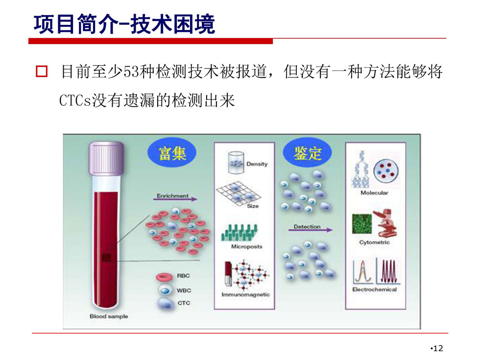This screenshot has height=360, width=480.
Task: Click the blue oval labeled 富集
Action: pyautogui.click(x=172, y=153)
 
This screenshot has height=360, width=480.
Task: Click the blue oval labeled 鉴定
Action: pyautogui.click(x=307, y=152)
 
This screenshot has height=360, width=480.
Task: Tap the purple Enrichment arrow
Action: pyautogui.click(x=175, y=199)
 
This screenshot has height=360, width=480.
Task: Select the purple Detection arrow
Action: pyautogui.click(x=310, y=230)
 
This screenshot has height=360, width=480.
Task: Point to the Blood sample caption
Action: pyautogui.click(x=109, y=316)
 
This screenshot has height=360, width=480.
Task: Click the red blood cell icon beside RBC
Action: pyautogui.click(x=165, y=277)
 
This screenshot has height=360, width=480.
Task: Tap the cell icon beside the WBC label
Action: pyautogui.click(x=166, y=290)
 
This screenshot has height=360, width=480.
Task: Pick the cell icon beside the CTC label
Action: pyautogui.click(x=166, y=303)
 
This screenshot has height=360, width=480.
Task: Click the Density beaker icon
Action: pyautogui.click(x=236, y=162)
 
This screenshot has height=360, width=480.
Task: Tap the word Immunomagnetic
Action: pyautogui.click(x=245, y=294)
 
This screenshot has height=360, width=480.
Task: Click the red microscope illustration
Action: pyautogui.click(x=387, y=223)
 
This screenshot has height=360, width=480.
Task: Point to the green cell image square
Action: pyautogui.click(x=362, y=223)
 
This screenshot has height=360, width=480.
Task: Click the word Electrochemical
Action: pyautogui.click(x=374, y=289)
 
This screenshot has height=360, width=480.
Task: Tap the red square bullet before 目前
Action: pyautogui.click(x=42, y=71)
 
